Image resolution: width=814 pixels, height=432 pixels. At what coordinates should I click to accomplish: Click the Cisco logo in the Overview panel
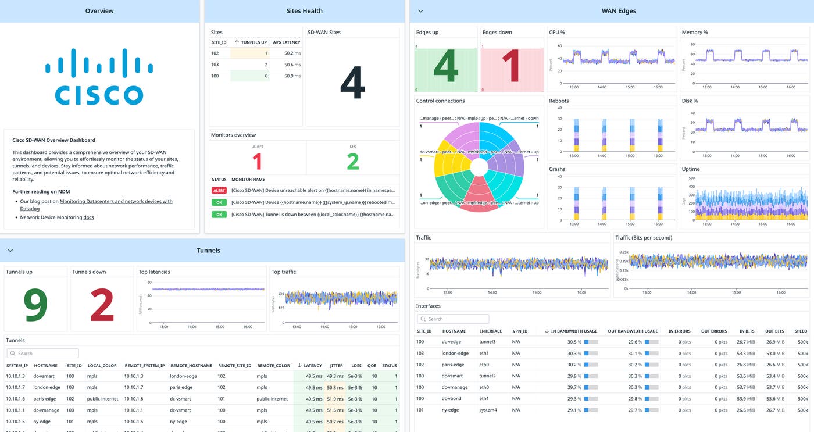tap(99, 77)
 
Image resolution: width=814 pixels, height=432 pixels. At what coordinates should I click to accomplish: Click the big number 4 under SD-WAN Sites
tap(352, 83)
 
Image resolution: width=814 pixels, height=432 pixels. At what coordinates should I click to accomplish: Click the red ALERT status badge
tap(219, 190)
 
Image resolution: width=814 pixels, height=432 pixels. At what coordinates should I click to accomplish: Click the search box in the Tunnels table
tap(43, 354)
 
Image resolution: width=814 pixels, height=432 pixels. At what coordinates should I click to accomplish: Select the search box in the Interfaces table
tap(453, 319)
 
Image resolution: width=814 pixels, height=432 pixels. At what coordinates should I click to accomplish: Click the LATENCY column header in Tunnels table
tap(312, 366)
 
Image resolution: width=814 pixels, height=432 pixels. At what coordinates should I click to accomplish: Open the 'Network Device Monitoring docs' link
tap(88, 217)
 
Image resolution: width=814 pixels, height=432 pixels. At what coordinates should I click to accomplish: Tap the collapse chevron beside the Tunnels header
tap(10, 251)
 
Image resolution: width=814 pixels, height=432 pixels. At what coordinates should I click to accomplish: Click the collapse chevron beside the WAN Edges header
tap(420, 11)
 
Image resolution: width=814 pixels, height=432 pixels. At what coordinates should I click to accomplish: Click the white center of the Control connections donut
tap(479, 167)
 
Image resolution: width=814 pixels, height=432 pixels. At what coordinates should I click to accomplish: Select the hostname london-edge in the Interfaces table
tap(455, 353)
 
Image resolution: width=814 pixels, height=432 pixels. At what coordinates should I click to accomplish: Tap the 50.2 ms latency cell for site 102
tap(292, 53)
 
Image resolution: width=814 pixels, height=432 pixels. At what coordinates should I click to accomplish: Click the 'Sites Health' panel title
tap(304, 11)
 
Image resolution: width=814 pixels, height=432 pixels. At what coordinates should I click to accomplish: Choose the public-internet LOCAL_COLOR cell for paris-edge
tap(102, 399)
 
